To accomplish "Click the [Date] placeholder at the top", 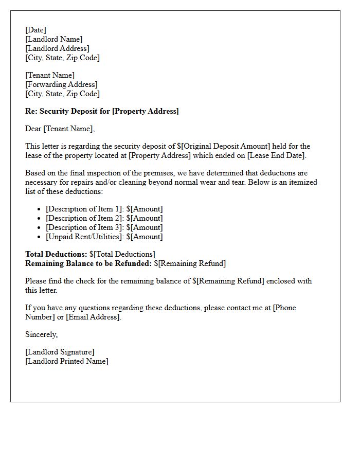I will point(35,30).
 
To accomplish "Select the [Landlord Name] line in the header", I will point(53,39).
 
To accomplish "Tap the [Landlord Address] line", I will point(57,48).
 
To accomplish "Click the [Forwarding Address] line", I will point(61,84).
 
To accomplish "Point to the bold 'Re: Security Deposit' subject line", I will point(102,111).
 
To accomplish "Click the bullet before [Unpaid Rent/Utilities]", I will point(39,237).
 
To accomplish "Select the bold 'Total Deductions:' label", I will point(56,254).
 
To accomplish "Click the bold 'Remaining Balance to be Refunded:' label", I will point(88,263).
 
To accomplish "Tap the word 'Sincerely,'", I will point(42,334).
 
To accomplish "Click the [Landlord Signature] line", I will point(60,352).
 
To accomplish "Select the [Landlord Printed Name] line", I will point(67,361).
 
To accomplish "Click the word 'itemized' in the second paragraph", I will point(302,182).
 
